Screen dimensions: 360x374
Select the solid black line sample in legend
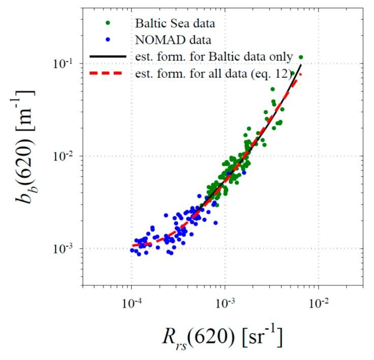107,56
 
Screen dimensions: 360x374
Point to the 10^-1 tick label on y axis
64,64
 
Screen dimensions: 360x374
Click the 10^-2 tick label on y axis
64,156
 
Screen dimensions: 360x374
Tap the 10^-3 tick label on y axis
64,249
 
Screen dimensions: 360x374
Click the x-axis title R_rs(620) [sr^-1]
223,337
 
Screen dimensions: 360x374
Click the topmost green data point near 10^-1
301,57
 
